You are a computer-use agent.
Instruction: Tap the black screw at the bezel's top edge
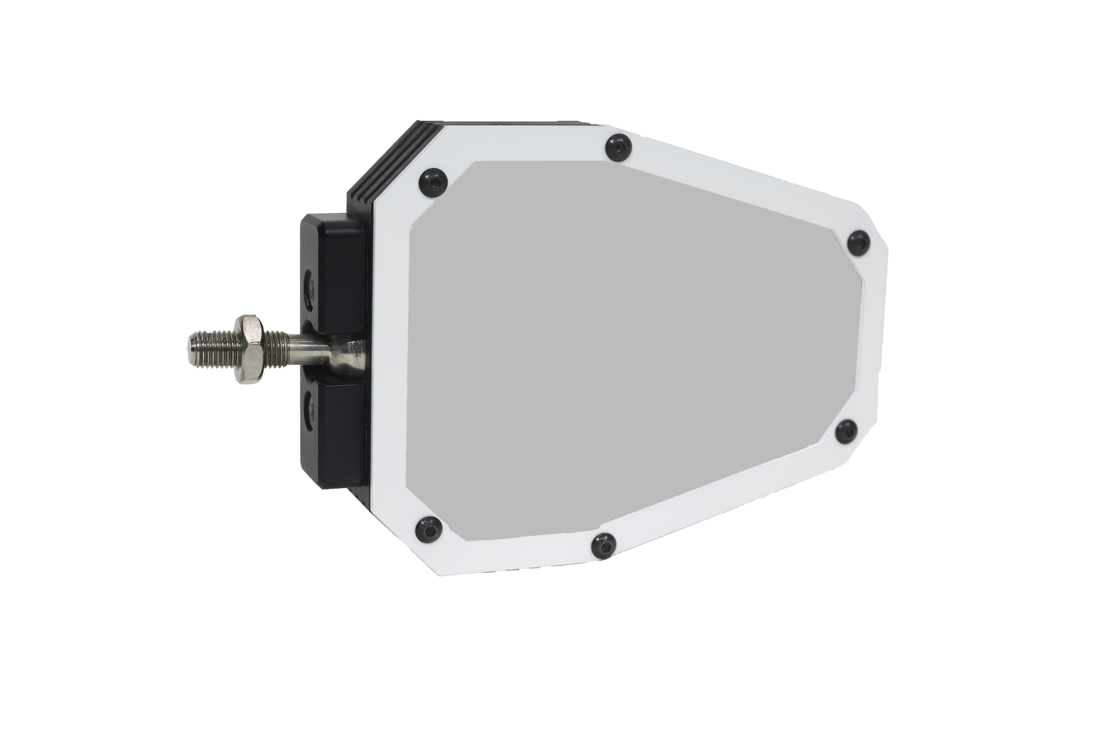pos(618,148)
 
